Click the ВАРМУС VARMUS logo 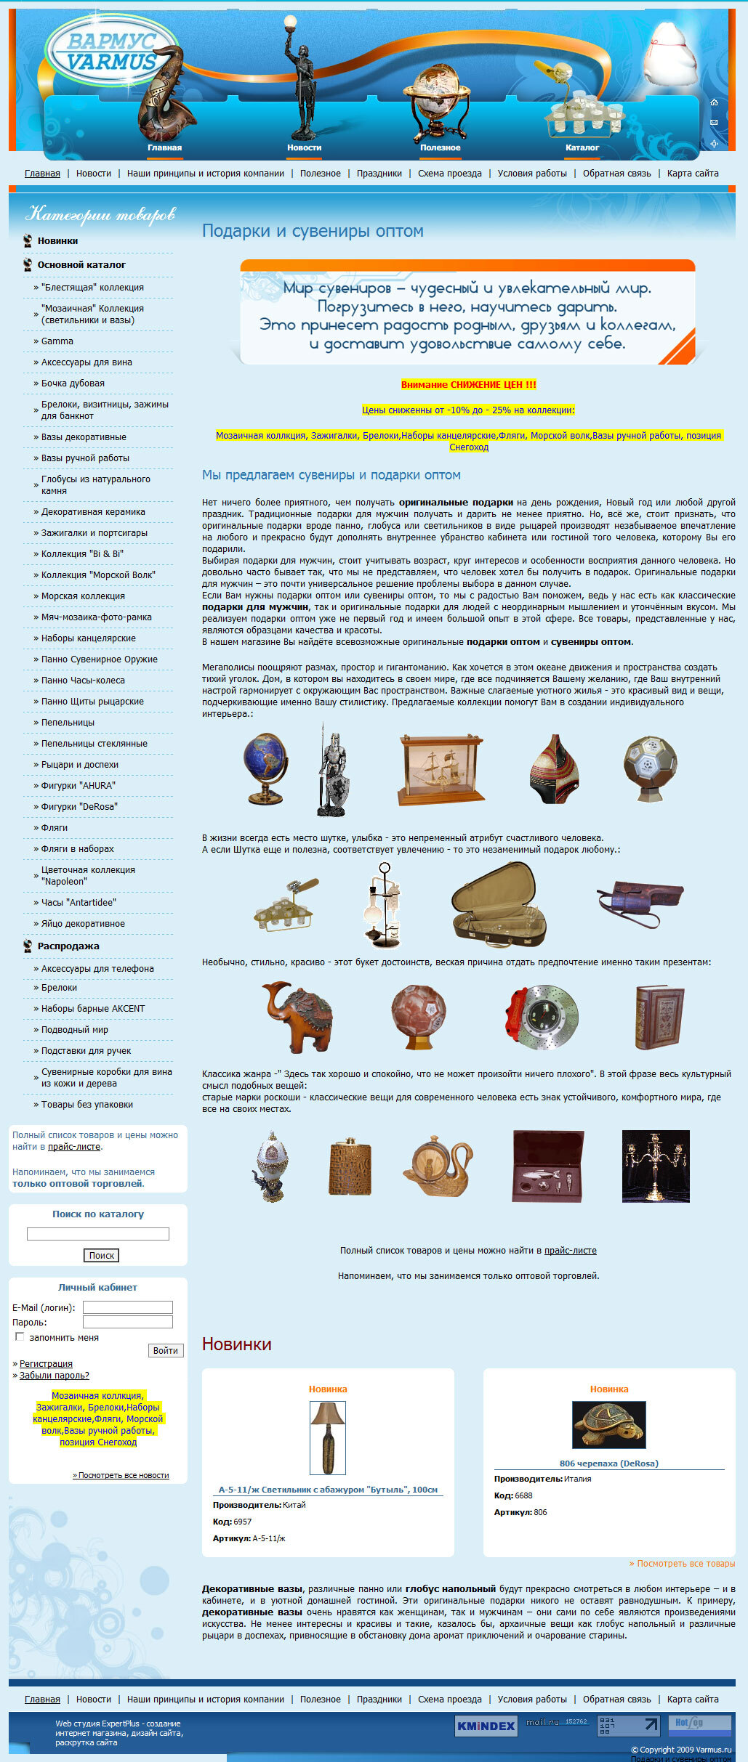pos(111,52)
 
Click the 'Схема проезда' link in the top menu pos(449,174)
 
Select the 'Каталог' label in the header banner pos(582,147)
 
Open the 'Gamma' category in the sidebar pos(57,341)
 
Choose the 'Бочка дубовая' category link pos(73,383)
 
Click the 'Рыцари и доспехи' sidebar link pos(80,765)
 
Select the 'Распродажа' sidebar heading pos(68,946)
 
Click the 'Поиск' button pos(102,1255)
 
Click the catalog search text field pos(98,1234)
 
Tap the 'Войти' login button pos(166,1350)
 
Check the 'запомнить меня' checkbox pos(20,1336)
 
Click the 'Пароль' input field pos(128,1322)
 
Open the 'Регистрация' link pos(46,1363)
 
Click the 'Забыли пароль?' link pos(55,1375)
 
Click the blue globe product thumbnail pos(265,768)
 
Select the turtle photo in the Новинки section pos(608,1424)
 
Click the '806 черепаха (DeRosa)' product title pos(609,1463)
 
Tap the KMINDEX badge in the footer pos(486,1726)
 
